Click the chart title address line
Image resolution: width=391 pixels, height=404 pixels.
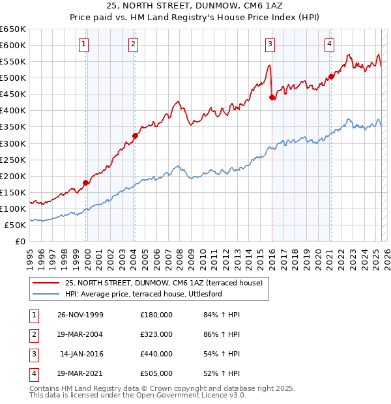[x=195, y=7]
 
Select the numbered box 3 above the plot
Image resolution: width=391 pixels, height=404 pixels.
[x=270, y=44]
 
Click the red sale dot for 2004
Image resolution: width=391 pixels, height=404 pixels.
[x=135, y=136]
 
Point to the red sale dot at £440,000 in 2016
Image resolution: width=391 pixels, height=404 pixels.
[x=272, y=97]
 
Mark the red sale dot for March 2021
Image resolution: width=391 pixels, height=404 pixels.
[x=331, y=76]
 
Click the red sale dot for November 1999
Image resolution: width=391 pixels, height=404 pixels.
[x=86, y=182]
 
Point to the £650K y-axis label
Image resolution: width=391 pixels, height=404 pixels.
[x=13, y=29]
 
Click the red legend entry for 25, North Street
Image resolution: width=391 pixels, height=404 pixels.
[x=163, y=283]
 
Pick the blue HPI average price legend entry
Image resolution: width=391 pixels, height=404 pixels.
[x=143, y=295]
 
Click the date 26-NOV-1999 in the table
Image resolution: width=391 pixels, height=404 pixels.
[x=80, y=315]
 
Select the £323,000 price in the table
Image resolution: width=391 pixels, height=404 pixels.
[x=156, y=334]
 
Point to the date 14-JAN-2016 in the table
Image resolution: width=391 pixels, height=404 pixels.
[x=81, y=354]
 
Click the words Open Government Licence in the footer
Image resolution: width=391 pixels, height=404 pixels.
[x=192, y=395]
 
